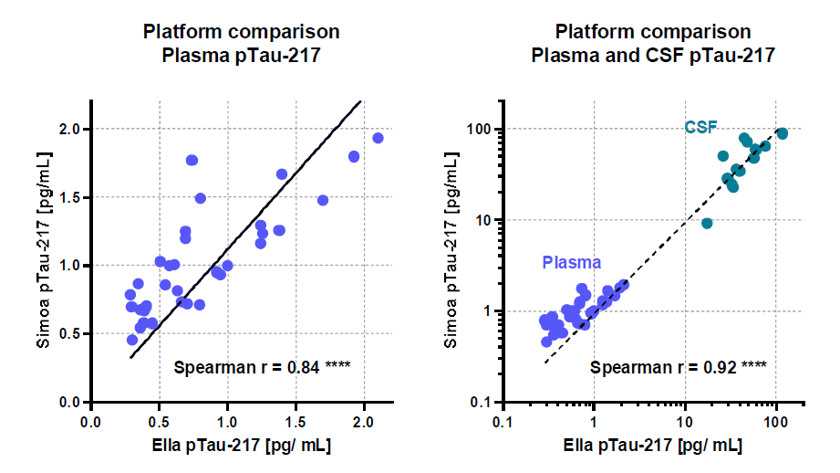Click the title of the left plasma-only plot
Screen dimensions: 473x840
(241, 43)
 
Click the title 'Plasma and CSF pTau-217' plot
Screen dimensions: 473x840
(653, 43)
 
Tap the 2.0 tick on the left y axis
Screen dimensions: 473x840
(69, 130)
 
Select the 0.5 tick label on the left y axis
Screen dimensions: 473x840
(69, 334)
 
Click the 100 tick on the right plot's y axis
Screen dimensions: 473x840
(481, 130)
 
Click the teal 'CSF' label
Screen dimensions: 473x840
(701, 128)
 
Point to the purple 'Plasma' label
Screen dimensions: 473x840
(571, 262)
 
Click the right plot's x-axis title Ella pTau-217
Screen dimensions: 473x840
(653, 447)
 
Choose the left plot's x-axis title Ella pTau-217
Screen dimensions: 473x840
(241, 447)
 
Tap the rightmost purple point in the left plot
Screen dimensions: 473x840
(378, 138)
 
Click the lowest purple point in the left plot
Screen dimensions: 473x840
(132, 340)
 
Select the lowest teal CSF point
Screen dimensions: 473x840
(707, 223)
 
